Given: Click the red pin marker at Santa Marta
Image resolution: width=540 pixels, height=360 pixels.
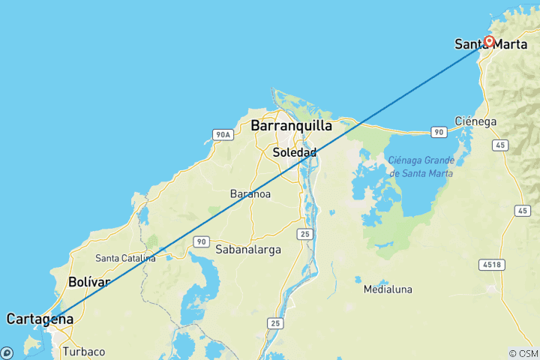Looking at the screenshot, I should tap(489, 41).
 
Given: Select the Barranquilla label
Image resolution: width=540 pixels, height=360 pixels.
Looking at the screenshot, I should tap(291, 125).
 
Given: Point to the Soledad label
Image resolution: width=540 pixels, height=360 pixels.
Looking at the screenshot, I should tap(294, 152).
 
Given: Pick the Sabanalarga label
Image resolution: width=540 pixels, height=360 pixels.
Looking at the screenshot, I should tap(247, 249).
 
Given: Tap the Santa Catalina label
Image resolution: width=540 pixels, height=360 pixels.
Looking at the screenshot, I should tap(125, 258).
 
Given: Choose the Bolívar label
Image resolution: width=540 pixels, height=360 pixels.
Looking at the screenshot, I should tap(89, 282).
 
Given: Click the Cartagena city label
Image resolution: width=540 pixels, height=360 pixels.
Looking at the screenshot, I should tap(40, 319).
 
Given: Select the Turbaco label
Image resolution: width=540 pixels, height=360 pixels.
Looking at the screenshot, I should tap(84, 351).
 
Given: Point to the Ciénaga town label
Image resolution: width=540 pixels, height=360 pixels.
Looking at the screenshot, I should tap(475, 121).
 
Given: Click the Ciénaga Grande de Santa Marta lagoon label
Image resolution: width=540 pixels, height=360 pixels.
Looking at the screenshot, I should tap(421, 166).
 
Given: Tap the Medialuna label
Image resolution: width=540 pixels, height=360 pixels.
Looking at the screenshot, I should tap(388, 289).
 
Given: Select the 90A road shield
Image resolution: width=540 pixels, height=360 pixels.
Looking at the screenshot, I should tap(222, 135).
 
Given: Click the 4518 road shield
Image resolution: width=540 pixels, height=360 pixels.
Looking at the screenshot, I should tap(493, 264).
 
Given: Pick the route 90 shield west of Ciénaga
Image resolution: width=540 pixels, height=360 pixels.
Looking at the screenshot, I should tap(439, 132).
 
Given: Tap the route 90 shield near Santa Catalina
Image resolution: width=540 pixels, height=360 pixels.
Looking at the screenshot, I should tap(199, 241).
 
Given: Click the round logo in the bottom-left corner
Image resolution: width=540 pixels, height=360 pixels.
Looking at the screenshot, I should tap(7, 352).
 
